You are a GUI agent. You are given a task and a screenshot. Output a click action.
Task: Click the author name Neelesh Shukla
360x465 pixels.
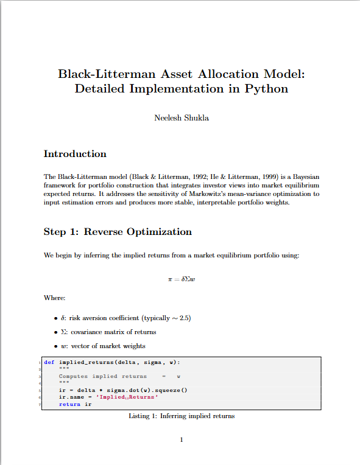click(x=182, y=118)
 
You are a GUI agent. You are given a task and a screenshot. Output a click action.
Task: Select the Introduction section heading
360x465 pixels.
click(x=75, y=154)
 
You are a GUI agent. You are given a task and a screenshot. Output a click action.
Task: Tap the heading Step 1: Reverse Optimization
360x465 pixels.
click(x=118, y=232)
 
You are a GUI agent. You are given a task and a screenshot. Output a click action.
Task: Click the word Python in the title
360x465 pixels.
click(x=266, y=89)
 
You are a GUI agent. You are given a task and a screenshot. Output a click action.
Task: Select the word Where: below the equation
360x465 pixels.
click(x=54, y=298)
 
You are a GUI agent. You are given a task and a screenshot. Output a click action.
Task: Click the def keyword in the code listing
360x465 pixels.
click(x=49, y=363)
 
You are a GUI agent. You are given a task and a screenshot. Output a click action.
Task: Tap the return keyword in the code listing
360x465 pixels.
click(x=69, y=404)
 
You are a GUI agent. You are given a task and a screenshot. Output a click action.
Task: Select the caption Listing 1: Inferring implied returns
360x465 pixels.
click(x=182, y=416)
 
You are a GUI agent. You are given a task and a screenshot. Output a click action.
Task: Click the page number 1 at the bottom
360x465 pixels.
click(x=182, y=440)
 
